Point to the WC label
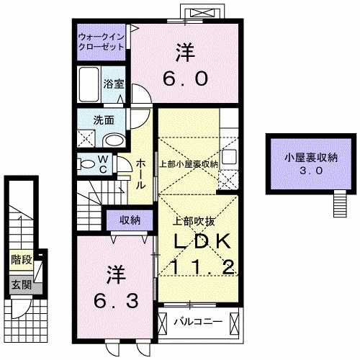click(x=102, y=165)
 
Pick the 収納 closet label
click(x=130, y=219)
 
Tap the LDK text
click(x=201, y=240)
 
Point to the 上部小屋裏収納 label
click(x=188, y=163)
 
